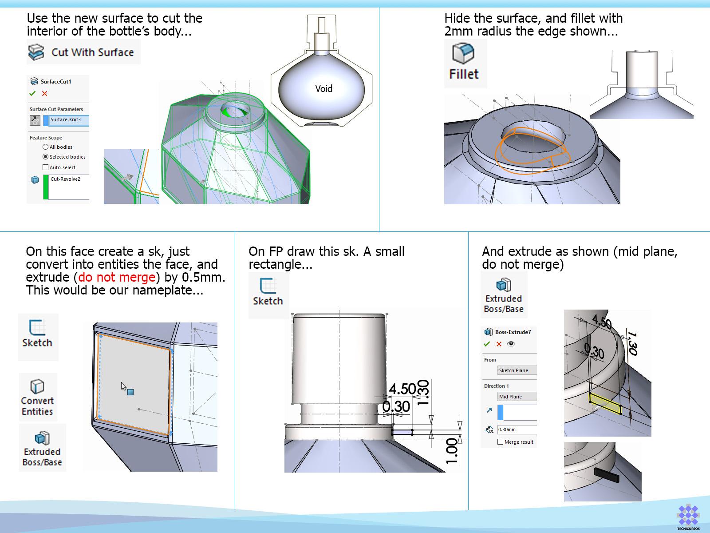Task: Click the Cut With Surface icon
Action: tap(36, 52)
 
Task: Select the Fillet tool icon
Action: tap(463, 53)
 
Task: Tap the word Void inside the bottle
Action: tap(323, 88)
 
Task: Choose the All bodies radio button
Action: tap(45, 147)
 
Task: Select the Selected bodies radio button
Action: tap(45, 157)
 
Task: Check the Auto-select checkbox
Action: tap(45, 167)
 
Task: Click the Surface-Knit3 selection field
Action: tap(69, 120)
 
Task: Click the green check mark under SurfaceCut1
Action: tap(32, 94)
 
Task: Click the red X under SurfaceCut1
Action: tap(45, 94)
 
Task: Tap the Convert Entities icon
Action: tap(37, 386)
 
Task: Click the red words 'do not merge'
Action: tap(117, 277)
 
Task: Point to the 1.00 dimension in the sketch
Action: tap(452, 451)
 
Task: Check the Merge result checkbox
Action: tap(500, 442)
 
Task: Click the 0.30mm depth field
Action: tap(517, 430)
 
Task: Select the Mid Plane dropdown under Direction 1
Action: tap(517, 397)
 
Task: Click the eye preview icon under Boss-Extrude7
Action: tap(511, 344)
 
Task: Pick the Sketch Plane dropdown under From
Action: tap(517, 370)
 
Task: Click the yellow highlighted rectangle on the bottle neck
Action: tap(605, 404)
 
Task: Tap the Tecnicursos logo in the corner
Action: tap(688, 517)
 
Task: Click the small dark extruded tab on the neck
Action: tap(607, 475)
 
